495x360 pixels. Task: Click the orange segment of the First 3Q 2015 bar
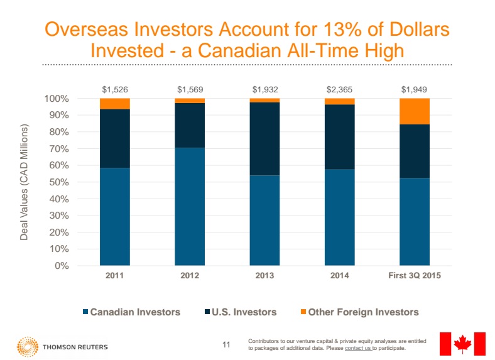click(x=415, y=111)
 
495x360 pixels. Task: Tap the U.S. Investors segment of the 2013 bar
click(x=264, y=138)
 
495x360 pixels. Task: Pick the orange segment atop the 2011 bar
click(x=114, y=104)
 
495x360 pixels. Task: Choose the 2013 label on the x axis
click(x=264, y=276)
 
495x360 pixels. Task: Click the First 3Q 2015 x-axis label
click(x=414, y=276)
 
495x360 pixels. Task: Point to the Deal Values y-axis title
click(x=24, y=182)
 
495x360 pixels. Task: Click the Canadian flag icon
click(x=462, y=344)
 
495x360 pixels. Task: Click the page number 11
click(x=227, y=344)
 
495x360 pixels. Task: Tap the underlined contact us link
click(x=357, y=348)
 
